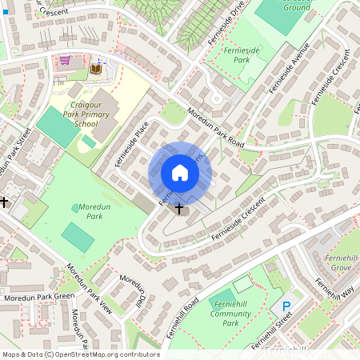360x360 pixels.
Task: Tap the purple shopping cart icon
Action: (x=65, y=60)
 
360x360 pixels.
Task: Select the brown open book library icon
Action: (x=97, y=69)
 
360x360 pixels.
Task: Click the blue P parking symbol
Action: (x=286, y=306)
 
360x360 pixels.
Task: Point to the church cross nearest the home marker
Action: (x=178, y=209)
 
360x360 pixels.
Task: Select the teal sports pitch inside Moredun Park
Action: (x=77, y=237)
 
